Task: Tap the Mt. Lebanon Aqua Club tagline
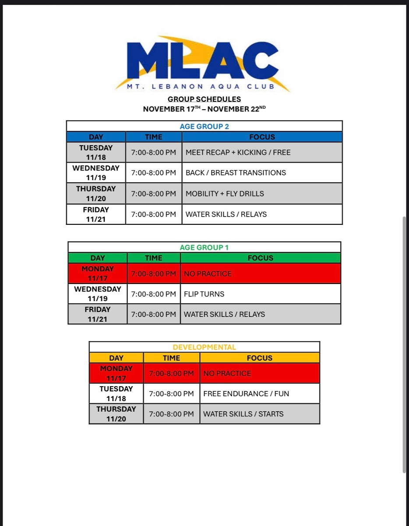pos(201,87)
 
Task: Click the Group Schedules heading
pos(204,100)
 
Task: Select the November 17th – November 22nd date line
pos(204,109)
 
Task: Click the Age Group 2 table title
pos(204,127)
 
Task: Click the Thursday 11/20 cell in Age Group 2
pos(96,193)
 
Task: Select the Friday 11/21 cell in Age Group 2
pos(96,214)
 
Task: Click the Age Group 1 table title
pos(204,248)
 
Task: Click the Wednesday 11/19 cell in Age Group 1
pos(98,294)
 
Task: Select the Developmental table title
pos(204,347)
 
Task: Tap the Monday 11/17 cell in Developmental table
pos(116,373)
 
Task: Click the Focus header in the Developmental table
pos(260,358)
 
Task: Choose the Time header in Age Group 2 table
pos(153,137)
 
